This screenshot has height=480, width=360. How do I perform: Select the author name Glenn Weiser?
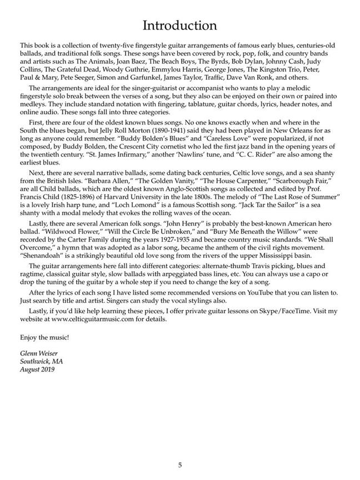point(38,354)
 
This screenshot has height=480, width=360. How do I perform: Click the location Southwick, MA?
point(42,362)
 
